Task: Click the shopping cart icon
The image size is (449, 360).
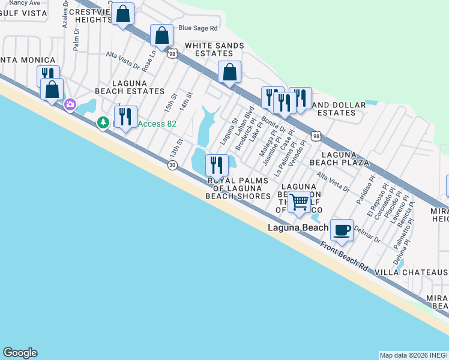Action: pyautogui.click(x=299, y=202)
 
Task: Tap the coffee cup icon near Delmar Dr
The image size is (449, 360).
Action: pyautogui.click(x=342, y=229)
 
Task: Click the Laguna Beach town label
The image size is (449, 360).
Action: pyautogui.click(x=298, y=227)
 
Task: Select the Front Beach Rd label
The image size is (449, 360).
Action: pyautogui.click(x=344, y=256)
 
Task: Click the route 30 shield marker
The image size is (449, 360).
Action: pyautogui.click(x=172, y=165)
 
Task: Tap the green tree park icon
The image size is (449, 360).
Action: pyautogui.click(x=104, y=123)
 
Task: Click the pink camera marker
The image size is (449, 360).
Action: pyautogui.click(x=70, y=106)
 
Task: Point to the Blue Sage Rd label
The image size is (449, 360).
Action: pyautogui.click(x=197, y=28)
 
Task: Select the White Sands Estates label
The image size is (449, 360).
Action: pyautogui.click(x=214, y=49)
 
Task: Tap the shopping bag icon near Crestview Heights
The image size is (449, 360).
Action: pyautogui.click(x=123, y=14)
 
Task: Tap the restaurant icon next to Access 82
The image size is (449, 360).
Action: pyautogui.click(x=125, y=116)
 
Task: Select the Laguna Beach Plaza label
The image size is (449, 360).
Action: pyautogui.click(x=339, y=158)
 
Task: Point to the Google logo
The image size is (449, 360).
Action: pyautogui.click(x=20, y=353)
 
